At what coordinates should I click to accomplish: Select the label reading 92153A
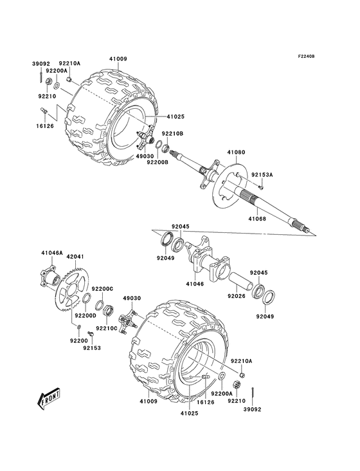262,174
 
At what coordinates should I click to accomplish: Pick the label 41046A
52,254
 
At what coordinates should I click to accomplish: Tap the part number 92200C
102,289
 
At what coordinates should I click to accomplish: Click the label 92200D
85,315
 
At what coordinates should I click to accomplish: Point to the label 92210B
172,133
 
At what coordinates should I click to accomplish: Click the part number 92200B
156,162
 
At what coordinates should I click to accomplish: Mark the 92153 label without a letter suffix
91,347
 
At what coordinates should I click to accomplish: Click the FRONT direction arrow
50,401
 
